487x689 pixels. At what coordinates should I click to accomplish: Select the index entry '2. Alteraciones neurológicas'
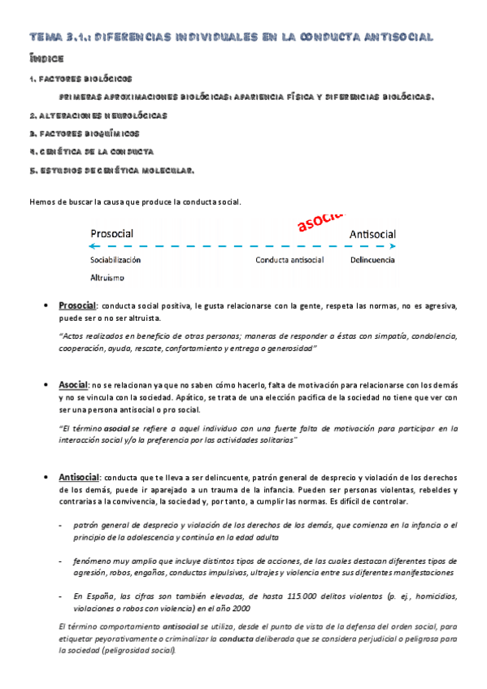click(98, 115)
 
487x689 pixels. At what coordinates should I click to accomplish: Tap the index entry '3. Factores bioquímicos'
click(84, 133)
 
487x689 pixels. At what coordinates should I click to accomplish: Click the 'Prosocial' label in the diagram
click(111, 233)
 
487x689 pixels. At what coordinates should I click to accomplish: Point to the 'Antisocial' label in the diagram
click(372, 234)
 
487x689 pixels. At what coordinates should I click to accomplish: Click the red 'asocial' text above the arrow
click(320, 220)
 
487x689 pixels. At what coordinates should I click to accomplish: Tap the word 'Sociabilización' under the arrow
click(115, 260)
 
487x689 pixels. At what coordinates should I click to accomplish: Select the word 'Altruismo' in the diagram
click(107, 277)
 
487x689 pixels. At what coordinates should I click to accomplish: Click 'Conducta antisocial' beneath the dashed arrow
click(289, 260)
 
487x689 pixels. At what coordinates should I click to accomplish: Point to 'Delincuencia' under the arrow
click(372, 260)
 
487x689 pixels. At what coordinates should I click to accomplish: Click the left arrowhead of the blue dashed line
click(93, 246)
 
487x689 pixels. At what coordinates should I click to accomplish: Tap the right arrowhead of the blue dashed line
click(394, 246)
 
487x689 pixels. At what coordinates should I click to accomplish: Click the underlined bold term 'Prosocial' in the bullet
click(77, 305)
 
